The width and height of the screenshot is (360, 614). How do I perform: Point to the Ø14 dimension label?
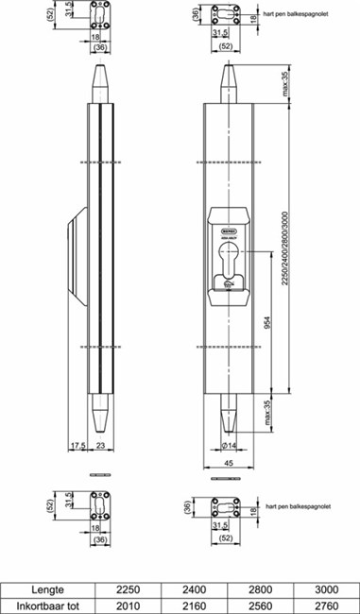[227, 444]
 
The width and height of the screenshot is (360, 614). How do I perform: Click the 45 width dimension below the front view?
[230, 463]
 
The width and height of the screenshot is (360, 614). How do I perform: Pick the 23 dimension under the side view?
[101, 445]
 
